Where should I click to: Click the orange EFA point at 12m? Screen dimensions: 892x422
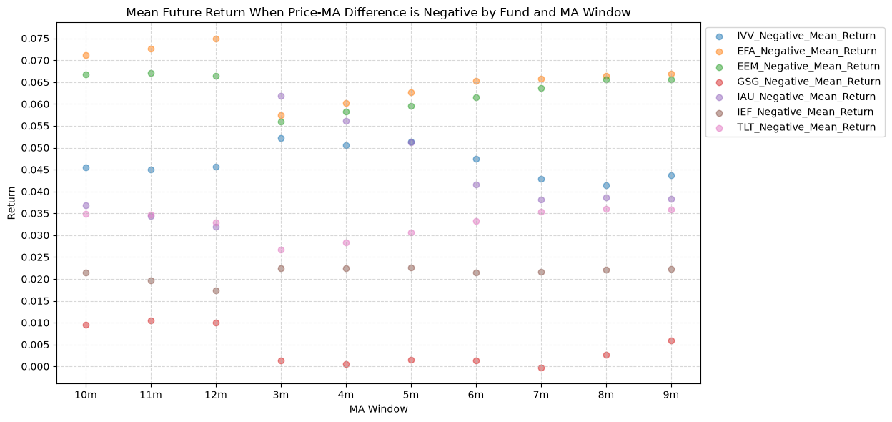[217, 39]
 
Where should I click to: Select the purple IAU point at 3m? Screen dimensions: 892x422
[281, 96]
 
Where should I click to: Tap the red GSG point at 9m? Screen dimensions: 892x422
[671, 340]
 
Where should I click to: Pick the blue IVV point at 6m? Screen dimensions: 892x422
[476, 159]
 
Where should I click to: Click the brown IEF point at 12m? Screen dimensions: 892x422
[217, 290]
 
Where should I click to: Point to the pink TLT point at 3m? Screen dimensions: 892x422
[281, 250]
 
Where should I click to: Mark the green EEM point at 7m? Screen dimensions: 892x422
[542, 88]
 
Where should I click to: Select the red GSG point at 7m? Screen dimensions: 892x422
[542, 368]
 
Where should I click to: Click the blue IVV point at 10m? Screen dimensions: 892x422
[86, 168]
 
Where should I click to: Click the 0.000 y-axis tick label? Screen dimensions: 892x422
[35, 367]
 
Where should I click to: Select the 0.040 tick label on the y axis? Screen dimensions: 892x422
[35, 192]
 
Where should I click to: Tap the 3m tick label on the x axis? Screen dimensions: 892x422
[281, 395]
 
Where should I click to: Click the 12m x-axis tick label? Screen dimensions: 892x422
[217, 395]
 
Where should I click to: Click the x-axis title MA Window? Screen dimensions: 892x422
[379, 409]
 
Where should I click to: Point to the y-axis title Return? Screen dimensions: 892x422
[11, 203]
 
